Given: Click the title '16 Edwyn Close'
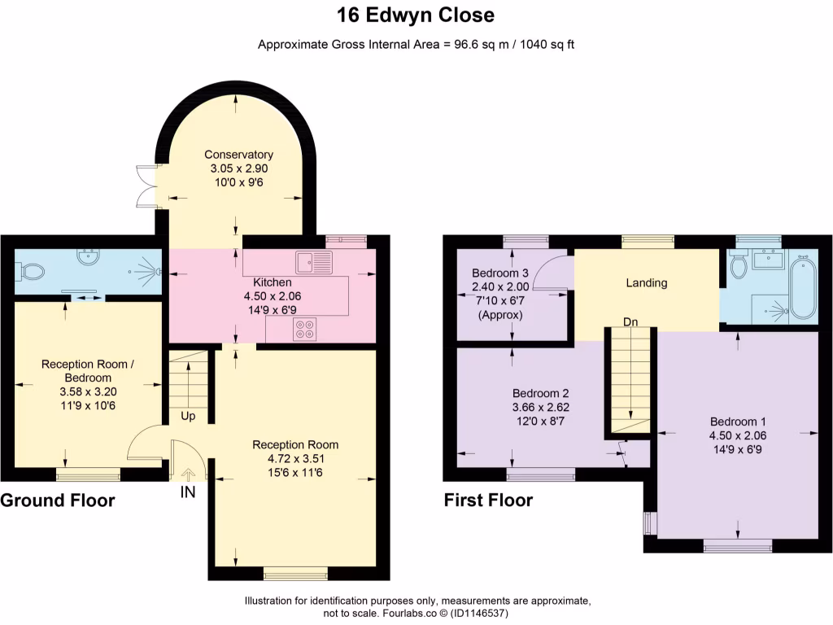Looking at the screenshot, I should click(416, 15).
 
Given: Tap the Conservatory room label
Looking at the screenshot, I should click(238, 155).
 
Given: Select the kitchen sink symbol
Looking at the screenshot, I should click(314, 262).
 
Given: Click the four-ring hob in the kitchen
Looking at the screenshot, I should click(305, 330).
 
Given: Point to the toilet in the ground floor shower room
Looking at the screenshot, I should click(32, 269).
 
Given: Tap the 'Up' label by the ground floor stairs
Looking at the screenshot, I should click(189, 416).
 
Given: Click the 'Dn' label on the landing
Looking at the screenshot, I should click(630, 321).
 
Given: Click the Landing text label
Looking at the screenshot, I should click(647, 283).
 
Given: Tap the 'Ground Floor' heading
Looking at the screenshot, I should click(58, 500).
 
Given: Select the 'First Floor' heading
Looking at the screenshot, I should click(488, 500).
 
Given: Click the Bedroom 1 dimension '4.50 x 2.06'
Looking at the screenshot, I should click(738, 435).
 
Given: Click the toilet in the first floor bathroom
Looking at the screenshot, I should click(739, 265).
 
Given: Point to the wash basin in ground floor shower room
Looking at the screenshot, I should click(87, 257).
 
